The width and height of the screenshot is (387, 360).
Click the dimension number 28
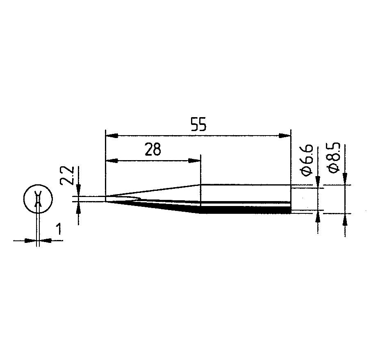coord(153,149)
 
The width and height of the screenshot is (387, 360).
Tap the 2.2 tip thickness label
coord(67,175)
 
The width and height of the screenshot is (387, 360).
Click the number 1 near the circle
coord(59,229)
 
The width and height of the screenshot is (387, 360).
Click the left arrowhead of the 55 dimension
coord(112,136)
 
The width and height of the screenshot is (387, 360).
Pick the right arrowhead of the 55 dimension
coord(285,136)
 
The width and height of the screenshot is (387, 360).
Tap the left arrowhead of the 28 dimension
coord(112,161)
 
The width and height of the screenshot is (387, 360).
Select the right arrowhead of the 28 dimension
coord(195,161)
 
